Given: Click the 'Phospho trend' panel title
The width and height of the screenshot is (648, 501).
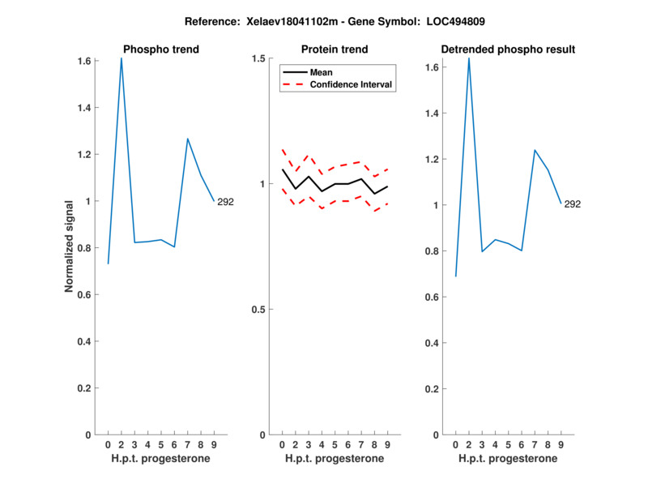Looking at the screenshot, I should point(160,49).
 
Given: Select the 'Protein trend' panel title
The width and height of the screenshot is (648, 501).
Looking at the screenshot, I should point(334,49).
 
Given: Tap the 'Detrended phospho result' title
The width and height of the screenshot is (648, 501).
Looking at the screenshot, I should point(508,49).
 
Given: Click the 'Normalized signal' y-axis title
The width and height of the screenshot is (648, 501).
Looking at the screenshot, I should point(70,246).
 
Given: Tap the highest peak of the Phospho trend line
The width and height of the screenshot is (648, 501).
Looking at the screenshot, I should point(122,58).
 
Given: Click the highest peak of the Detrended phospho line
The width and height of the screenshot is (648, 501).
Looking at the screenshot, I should point(468,58).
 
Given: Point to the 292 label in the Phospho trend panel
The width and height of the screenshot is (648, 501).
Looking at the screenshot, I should point(225,202).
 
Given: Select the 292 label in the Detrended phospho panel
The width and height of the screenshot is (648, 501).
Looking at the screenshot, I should point(572,204).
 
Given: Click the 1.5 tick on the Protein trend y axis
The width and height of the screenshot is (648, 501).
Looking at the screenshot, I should point(259,58).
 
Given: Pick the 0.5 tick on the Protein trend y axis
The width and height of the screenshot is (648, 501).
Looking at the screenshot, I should point(259,310).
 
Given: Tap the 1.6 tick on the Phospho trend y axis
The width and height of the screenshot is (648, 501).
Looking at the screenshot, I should point(85,61).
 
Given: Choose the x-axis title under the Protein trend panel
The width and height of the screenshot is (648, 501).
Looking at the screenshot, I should point(334,458).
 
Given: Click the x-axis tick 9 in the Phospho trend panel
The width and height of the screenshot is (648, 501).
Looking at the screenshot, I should point(214,445).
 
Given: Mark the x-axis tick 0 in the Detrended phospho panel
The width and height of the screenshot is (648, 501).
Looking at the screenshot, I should point(455,445).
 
